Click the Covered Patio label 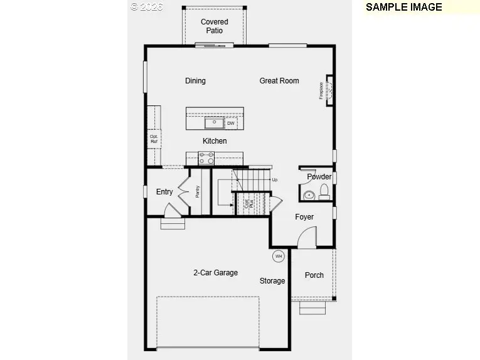click(215, 26)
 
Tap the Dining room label click(195, 81)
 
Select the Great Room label click(279, 81)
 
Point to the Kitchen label click(215, 141)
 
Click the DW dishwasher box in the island click(231, 123)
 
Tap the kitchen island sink click(213, 122)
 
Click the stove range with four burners click(206, 158)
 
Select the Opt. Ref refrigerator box click(154, 139)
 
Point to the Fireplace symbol click(327, 91)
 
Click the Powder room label click(319, 177)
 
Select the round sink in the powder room click(309, 196)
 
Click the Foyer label click(304, 217)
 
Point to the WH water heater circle click(278, 256)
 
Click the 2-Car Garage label click(215, 273)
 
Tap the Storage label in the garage click(272, 281)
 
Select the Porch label click(314, 275)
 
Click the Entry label click(164, 192)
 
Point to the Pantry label click(197, 191)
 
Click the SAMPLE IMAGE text click(403, 8)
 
